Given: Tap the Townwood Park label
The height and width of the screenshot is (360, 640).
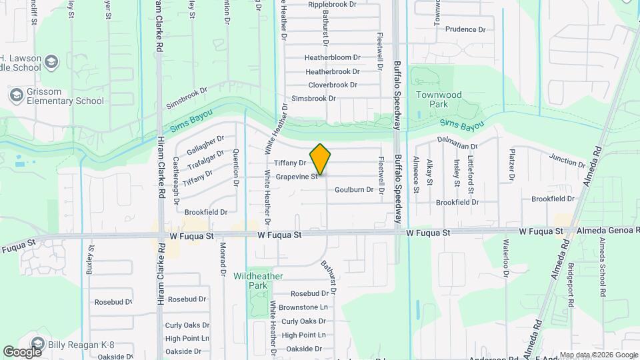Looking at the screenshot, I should click(439, 100).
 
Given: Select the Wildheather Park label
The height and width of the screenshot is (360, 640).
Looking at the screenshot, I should click(258, 281).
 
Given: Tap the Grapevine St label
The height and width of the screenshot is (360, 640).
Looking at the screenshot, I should click(297, 177).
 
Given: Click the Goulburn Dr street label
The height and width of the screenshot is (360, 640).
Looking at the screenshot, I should click(354, 189).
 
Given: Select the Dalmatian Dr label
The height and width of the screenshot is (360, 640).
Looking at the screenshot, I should click(458, 143).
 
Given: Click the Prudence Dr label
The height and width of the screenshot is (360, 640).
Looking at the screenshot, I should click(470, 29).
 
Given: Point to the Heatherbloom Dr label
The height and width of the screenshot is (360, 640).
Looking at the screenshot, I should click(332, 57).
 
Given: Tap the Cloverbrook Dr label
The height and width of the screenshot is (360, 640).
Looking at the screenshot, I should click(333, 85).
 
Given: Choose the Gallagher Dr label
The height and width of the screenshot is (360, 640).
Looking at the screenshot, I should click(205, 143).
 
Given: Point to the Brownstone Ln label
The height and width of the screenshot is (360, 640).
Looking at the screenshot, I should click(303, 307).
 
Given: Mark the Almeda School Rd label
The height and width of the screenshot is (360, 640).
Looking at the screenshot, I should click(602, 265).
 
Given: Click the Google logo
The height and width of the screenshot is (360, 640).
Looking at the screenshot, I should click(23, 351).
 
